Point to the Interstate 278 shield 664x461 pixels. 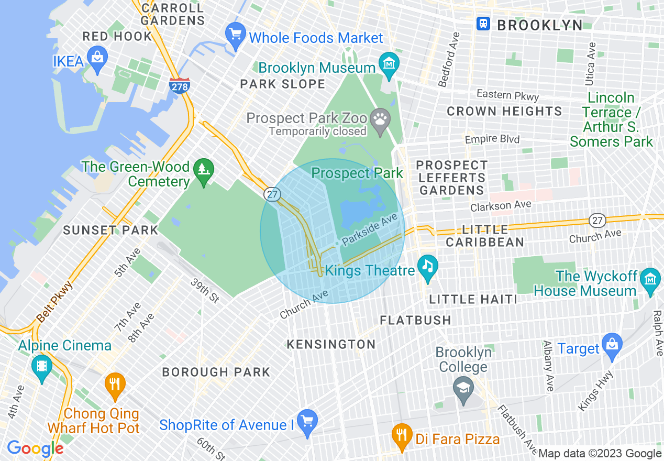coord(179,85)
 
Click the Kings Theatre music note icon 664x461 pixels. coord(428,266)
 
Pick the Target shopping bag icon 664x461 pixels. coord(612,344)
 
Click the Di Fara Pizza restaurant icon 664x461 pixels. coord(402,434)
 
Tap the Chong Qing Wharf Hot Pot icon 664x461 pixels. coord(115,383)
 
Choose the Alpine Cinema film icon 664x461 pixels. coord(41,366)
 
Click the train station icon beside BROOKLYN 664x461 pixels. coord(483,24)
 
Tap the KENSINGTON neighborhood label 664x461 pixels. coord(331,344)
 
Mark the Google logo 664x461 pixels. coord(35,448)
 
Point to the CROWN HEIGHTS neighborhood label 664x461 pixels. coord(504,111)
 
